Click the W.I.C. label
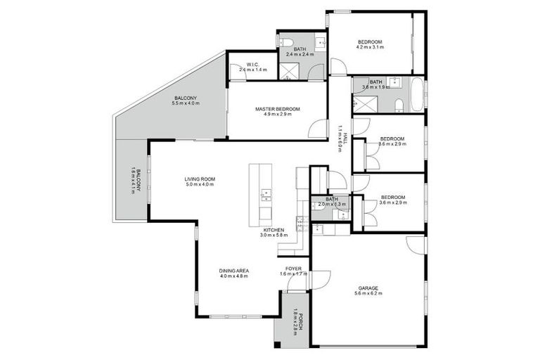(x=253, y=67)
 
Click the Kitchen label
(x=273, y=233)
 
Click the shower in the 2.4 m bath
(x=288, y=70)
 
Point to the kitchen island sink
(x=266, y=193)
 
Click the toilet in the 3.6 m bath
(x=399, y=105)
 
